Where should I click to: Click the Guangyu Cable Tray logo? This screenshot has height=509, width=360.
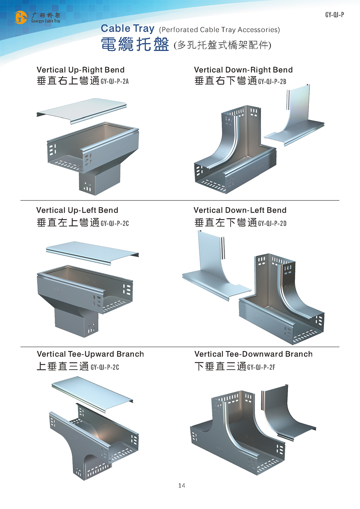point(37,17)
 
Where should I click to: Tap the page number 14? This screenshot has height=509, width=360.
point(181,486)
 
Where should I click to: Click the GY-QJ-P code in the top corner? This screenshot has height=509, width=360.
point(334,15)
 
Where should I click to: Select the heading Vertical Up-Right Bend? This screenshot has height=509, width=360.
point(81,70)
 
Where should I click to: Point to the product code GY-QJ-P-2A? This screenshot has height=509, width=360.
point(114,81)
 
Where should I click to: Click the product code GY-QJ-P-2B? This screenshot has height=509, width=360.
point(272,81)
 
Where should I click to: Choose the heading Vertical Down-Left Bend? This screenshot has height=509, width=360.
point(240,210)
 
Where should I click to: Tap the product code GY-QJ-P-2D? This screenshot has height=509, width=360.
point(272,223)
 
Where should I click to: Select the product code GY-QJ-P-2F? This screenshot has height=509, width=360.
point(261,367)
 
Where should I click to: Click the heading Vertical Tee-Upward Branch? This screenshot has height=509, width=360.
point(90,354)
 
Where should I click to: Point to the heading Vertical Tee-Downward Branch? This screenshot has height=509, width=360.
point(253,354)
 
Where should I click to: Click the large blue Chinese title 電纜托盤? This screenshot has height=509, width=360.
point(135,45)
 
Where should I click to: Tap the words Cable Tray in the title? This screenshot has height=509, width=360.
point(127,28)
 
